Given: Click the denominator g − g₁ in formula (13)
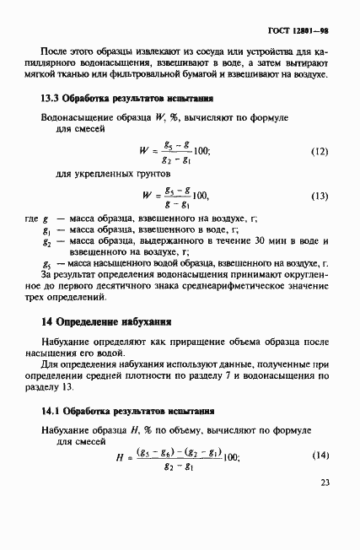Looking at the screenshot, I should coord(176,204).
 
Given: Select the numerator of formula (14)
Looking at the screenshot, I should coord(176,450).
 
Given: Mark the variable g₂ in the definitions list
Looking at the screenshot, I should coord(47,240).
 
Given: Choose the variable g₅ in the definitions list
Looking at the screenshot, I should coord(46,262).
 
